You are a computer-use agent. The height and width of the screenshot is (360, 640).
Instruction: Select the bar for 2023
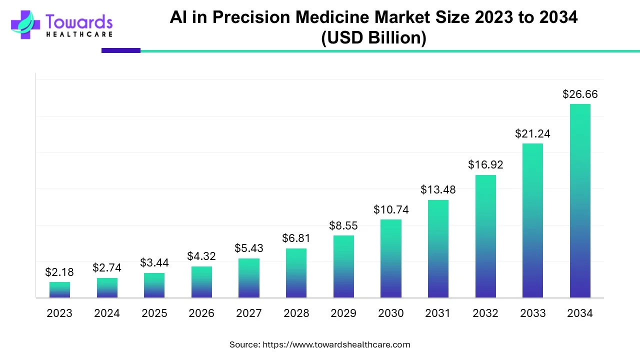point(59,290)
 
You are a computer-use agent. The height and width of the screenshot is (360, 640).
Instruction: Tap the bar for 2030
point(391,258)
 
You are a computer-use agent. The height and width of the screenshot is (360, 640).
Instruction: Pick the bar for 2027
point(249,278)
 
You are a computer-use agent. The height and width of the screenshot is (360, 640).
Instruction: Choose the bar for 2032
point(485,236)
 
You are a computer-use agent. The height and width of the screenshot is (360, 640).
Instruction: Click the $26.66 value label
point(580,94)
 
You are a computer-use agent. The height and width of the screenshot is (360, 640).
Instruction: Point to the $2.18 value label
point(59,272)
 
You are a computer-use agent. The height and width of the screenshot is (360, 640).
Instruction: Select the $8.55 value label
point(343,226)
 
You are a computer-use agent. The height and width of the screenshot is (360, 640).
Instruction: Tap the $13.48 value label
point(438,190)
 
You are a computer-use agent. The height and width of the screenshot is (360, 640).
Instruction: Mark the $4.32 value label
point(201,256)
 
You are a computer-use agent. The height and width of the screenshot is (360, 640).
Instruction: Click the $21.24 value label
point(532,134)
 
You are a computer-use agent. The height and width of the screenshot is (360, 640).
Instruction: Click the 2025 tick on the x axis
point(154,313)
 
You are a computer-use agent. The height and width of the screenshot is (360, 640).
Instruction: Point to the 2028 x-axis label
point(296,313)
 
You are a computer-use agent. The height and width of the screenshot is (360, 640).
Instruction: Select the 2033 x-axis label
point(532,313)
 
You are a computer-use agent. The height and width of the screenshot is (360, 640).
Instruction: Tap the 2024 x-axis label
point(107,313)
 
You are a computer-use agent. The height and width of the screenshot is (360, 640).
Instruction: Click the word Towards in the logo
point(79,21)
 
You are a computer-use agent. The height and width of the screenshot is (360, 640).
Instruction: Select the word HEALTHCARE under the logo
point(79,34)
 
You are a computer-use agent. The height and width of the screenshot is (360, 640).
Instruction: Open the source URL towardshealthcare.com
point(336,344)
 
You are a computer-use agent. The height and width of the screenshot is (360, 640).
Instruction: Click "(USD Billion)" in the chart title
point(373,38)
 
